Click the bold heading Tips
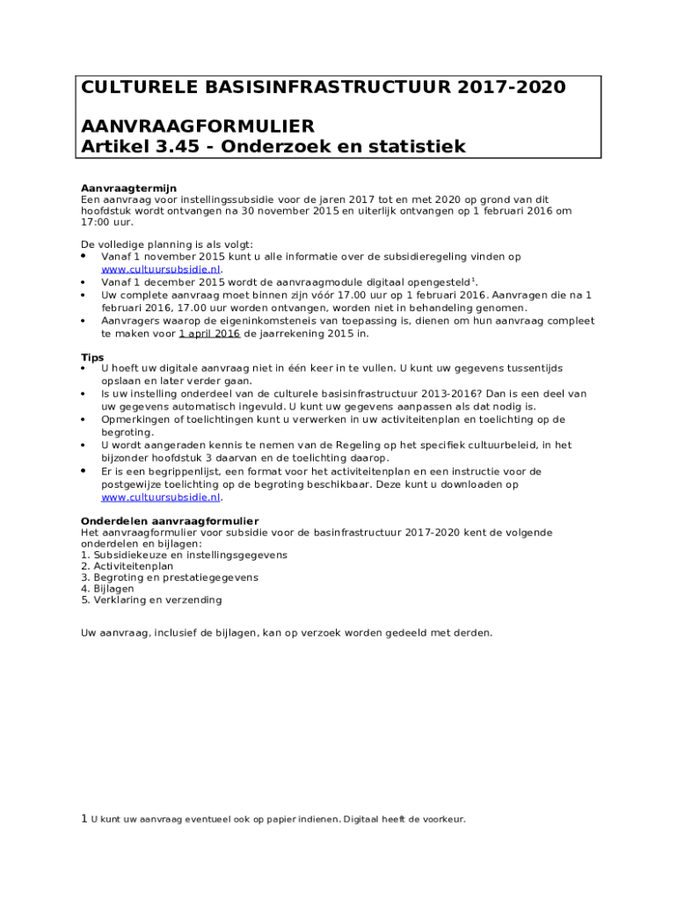92,358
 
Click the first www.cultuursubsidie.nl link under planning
161,270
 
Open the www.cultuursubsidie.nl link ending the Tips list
161,497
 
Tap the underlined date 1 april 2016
209,334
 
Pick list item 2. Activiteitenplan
127,566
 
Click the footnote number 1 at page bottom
84,819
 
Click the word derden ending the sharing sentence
473,633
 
